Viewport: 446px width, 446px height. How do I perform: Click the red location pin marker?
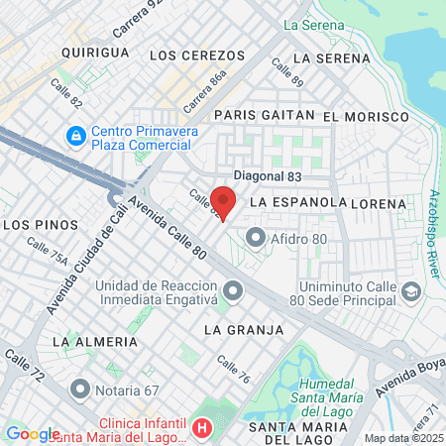tap(223, 201)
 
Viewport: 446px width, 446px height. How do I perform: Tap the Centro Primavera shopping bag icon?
tap(74, 133)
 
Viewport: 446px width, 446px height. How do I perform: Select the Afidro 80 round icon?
tap(256, 236)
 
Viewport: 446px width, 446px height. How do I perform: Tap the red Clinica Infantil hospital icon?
tap(203, 428)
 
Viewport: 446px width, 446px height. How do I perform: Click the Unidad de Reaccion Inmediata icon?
tap(233, 290)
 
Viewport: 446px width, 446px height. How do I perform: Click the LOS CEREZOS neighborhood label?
tap(190, 54)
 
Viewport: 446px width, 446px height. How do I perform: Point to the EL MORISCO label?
tap(366, 116)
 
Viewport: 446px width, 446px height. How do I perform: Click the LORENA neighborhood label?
tap(379, 203)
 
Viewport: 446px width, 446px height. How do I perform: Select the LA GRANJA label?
tap(244, 329)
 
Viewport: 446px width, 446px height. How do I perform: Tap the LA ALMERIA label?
tap(95, 341)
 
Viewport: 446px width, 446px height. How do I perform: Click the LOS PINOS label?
tap(35, 225)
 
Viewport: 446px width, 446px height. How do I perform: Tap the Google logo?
tap(33, 433)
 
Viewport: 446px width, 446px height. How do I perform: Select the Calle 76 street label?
tap(233, 370)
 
